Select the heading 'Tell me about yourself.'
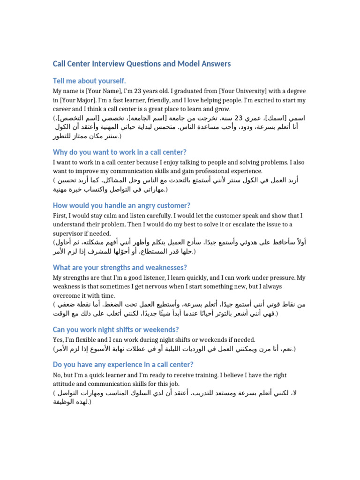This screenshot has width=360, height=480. pyautogui.click(x=89, y=81)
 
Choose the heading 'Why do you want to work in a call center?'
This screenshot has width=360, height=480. pyautogui.click(x=120, y=152)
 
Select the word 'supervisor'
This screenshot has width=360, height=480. pyautogui.click(x=68, y=233)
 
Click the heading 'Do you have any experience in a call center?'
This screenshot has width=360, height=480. pyautogui.click(x=123, y=365)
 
